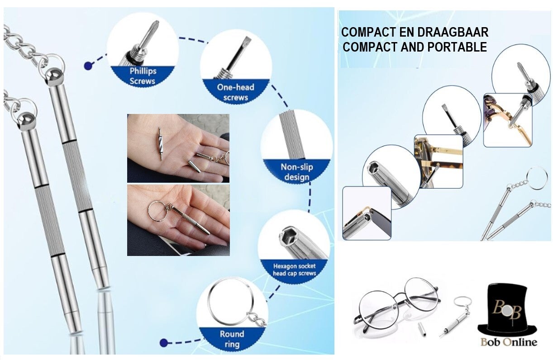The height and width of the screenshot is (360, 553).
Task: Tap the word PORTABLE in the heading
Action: [x=457, y=47]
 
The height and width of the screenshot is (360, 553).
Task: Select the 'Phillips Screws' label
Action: [x=143, y=76]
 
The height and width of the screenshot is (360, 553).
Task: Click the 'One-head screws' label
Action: [x=235, y=92]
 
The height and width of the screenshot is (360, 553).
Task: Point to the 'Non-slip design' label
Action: [x=297, y=172]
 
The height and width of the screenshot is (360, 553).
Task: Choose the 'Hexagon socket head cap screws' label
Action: [x=294, y=270]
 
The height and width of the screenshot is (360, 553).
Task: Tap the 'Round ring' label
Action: [x=232, y=339]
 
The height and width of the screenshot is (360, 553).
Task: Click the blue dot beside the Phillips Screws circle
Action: [x=88, y=66]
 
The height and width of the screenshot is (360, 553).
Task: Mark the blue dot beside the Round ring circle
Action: [x=163, y=343]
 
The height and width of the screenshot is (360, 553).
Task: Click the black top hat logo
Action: [x=507, y=309]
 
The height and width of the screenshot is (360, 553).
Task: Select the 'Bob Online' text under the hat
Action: [x=509, y=342]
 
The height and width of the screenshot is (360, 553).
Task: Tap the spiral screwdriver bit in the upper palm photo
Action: [x=161, y=144]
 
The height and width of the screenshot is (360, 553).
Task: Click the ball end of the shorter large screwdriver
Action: [x=25, y=121]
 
